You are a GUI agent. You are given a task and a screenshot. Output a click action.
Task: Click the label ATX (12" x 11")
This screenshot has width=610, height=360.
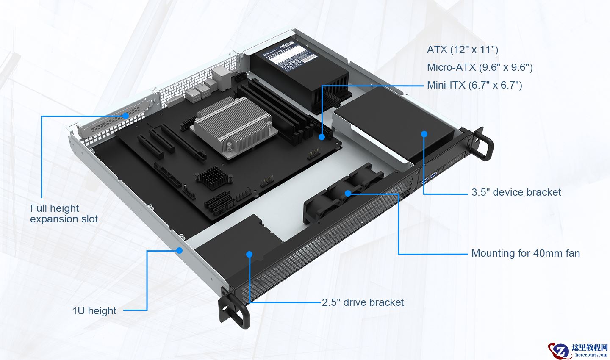point(463,50)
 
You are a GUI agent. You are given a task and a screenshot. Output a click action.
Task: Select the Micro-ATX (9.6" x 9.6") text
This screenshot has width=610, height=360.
point(480,67)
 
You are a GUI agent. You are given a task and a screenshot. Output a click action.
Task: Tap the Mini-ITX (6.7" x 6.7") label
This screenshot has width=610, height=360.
point(474,85)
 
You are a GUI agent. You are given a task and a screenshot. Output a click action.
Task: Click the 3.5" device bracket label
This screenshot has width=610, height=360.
point(516,192)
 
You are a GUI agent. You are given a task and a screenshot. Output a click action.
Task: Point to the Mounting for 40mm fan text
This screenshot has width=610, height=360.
point(525,253)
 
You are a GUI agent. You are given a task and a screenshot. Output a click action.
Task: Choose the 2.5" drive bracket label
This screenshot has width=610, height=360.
point(363,302)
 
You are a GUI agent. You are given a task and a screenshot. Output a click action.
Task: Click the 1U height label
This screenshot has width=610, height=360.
point(94,311)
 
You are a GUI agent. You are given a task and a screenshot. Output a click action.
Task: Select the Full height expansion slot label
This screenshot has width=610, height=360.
point(64,213)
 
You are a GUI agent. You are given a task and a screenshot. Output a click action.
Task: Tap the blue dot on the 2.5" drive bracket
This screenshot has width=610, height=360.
point(249,254)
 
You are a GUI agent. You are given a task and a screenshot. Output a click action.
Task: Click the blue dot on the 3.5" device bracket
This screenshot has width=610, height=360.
point(424,134)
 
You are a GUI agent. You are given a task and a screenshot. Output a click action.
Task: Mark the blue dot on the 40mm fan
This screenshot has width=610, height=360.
point(348,193)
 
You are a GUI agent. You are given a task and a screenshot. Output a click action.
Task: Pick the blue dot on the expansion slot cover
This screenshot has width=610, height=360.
point(125,115)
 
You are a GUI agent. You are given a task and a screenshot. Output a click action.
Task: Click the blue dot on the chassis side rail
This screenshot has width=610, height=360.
point(179,250)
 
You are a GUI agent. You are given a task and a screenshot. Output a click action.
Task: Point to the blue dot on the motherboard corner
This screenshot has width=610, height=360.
point(322,137)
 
